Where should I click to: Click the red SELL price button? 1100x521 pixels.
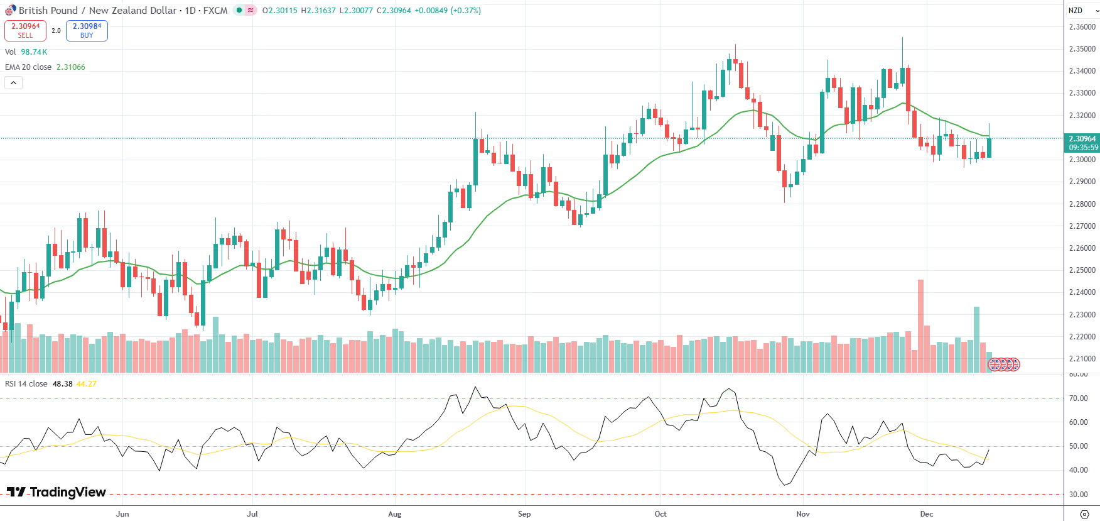pyautogui.click(x=25, y=30)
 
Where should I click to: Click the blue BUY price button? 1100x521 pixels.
pyautogui.click(x=87, y=30)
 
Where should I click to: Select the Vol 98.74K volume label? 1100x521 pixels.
pyautogui.click(x=26, y=52)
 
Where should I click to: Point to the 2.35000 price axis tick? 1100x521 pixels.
pyautogui.click(x=1082, y=49)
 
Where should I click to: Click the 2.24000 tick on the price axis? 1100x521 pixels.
pyautogui.click(x=1082, y=292)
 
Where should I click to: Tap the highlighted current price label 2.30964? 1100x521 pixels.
pyautogui.click(x=1082, y=139)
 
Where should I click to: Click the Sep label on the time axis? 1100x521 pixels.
pyautogui.click(x=524, y=514)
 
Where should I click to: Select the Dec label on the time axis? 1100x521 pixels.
pyautogui.click(x=927, y=514)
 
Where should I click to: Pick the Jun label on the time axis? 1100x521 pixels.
pyautogui.click(x=122, y=514)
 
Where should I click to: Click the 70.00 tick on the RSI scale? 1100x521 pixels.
pyautogui.click(x=1079, y=398)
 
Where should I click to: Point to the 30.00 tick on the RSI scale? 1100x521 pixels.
pyautogui.click(x=1079, y=495)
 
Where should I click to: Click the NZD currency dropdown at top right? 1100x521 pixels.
pyautogui.click(x=1083, y=11)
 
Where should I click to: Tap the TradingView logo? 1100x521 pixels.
pyautogui.click(x=57, y=492)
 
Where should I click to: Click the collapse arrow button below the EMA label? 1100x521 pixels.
pyautogui.click(x=13, y=82)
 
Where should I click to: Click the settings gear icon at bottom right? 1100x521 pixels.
pyautogui.click(x=1084, y=514)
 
